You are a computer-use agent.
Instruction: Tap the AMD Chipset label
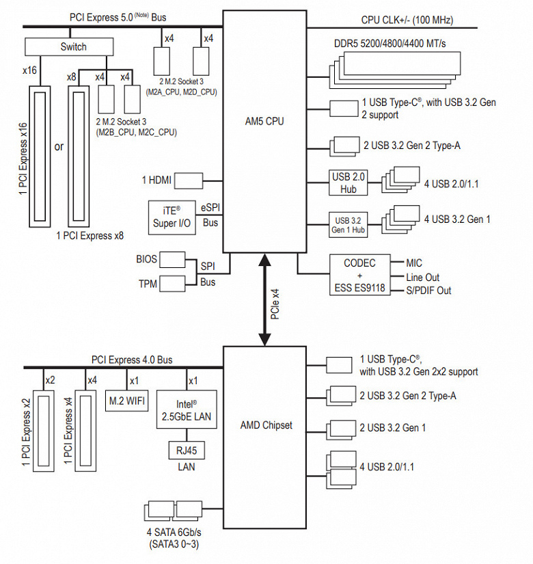(x=266, y=425)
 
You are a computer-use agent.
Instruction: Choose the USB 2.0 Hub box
(x=349, y=183)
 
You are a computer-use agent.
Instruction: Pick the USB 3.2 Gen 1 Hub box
(x=349, y=224)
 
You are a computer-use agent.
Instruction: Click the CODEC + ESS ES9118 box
(x=358, y=276)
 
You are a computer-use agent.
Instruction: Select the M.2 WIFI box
(x=127, y=401)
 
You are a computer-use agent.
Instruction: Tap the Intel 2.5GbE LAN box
(x=187, y=409)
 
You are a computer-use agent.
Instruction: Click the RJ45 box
(x=187, y=451)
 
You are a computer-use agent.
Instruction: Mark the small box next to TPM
(x=172, y=282)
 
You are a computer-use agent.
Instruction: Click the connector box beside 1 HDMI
(x=190, y=180)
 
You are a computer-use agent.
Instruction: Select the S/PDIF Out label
(x=428, y=291)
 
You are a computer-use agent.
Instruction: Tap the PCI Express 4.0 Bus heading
(x=132, y=360)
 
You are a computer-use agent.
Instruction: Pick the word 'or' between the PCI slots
(x=59, y=146)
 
